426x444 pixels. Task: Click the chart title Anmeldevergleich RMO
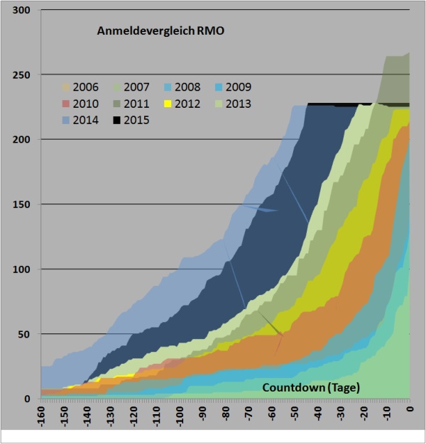coord(160,31)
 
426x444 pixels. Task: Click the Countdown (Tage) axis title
coord(311,387)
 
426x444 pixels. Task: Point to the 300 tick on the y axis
coord(24,11)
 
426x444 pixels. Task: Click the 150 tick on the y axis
coord(24,204)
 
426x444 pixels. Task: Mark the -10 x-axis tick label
coord(387,415)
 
